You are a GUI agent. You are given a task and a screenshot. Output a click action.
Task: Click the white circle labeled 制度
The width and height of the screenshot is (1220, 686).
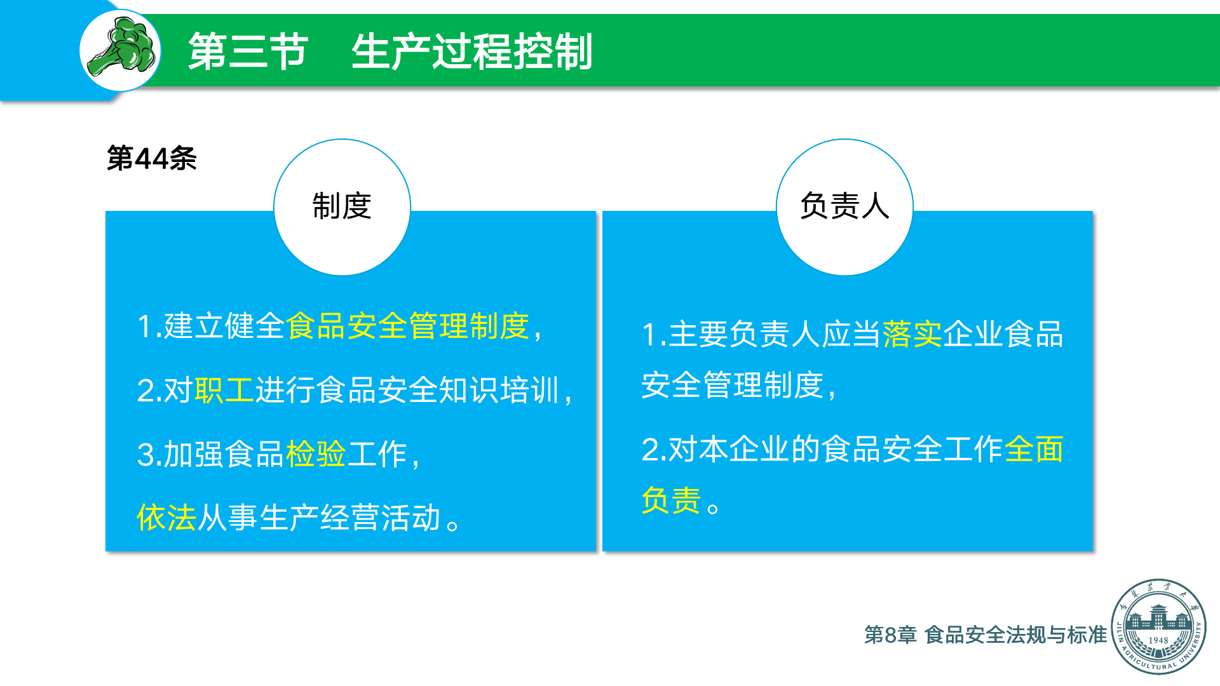(342, 207)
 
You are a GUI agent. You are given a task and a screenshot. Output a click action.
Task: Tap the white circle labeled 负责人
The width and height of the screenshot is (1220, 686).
(844, 207)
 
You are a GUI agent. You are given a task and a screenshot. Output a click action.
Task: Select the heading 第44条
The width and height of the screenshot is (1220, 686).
(152, 158)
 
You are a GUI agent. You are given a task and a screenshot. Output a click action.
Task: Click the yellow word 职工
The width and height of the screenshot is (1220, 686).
(224, 390)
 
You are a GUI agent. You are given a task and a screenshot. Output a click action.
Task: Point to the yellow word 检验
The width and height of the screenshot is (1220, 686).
(316, 454)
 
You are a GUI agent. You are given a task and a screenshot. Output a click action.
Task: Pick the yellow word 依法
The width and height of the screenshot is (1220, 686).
(166, 518)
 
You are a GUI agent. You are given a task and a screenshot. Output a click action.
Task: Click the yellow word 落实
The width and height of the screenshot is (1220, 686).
(912, 334)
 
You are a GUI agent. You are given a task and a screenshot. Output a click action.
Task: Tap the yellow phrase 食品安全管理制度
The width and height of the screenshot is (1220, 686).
(407, 326)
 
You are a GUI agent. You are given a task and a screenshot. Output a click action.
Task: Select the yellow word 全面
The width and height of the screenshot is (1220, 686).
(1034, 449)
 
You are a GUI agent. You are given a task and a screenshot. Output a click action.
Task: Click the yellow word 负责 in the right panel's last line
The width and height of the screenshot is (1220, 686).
(671, 500)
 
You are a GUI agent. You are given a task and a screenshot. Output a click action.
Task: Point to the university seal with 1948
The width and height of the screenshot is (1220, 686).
(1158, 626)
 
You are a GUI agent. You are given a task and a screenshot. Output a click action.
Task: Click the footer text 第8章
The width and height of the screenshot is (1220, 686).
(890, 635)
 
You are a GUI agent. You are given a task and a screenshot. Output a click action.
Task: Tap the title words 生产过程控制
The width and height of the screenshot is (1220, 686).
(472, 51)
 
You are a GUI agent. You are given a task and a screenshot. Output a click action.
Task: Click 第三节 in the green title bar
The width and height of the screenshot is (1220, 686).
(248, 51)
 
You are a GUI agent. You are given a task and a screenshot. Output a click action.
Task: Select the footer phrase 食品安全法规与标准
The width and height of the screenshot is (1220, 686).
(1016, 635)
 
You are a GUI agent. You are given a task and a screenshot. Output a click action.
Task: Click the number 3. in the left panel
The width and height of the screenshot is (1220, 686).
(149, 455)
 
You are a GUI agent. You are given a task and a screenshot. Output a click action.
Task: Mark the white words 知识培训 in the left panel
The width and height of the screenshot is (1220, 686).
(499, 390)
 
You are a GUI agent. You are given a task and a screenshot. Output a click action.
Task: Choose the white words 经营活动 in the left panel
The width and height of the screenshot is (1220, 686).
(381, 518)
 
